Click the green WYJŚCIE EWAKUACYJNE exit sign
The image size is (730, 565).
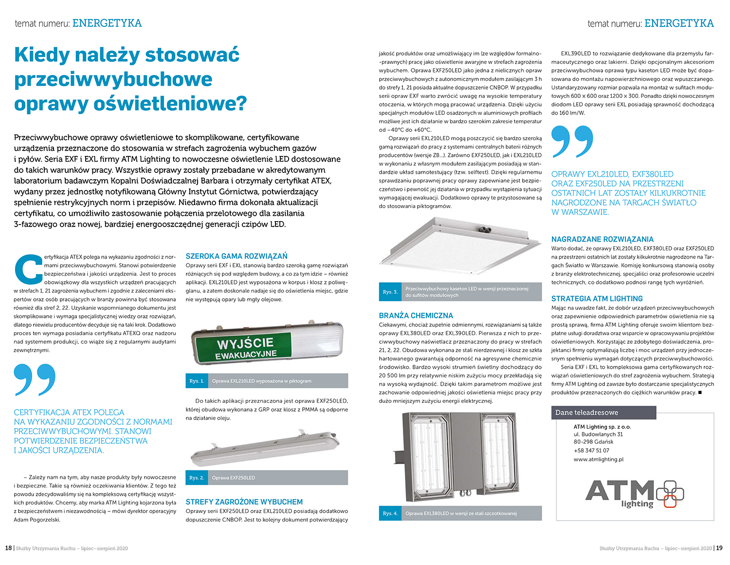click(246, 348)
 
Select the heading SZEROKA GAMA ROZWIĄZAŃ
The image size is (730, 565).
click(237, 256)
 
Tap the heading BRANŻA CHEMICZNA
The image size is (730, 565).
click(416, 316)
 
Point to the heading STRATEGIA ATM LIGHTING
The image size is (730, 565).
click(597, 299)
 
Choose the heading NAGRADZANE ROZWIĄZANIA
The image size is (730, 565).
click(602, 239)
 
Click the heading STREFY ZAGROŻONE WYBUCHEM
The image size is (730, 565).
click(244, 502)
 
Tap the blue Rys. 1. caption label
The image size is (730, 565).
click(197, 381)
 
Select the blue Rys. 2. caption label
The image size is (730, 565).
click(197, 478)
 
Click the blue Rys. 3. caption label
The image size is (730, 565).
click(390, 292)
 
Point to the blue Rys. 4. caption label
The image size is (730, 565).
click(390, 513)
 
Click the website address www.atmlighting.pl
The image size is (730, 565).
click(598, 459)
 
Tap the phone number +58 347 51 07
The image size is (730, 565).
click(591, 451)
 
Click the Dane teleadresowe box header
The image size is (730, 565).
click(586, 413)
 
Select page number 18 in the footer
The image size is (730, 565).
click(8, 548)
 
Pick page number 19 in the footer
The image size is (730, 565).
click(719, 548)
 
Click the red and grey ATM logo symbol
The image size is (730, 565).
click(670, 493)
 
